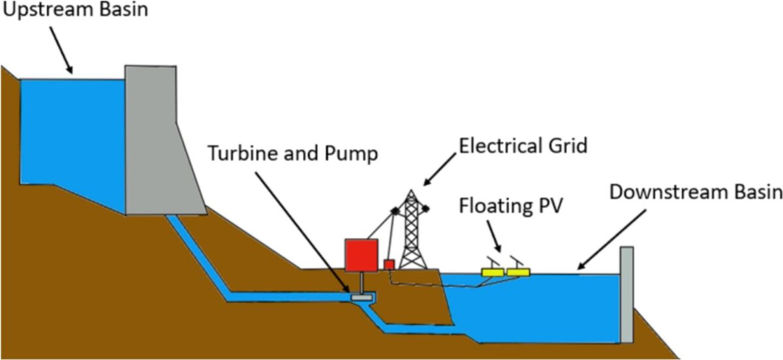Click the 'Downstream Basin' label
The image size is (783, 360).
point(695,192)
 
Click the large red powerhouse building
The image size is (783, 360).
point(361,254)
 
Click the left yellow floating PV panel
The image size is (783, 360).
point(493,271)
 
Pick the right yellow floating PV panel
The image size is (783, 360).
point(519,271)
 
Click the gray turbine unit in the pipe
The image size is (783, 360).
point(361,297)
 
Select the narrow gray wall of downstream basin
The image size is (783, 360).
point(626,293)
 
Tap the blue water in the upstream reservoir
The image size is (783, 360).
point(72,130)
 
